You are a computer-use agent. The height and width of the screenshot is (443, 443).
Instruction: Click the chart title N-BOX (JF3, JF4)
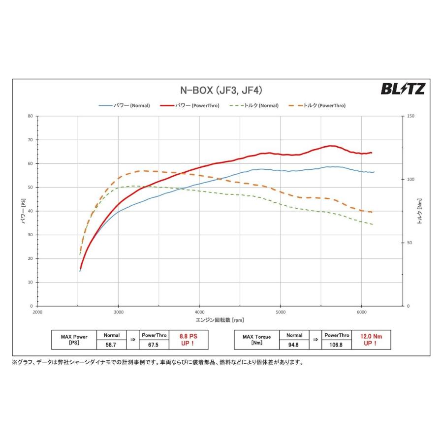click(x=221, y=90)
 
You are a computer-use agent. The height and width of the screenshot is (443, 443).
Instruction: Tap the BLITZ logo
click(x=403, y=89)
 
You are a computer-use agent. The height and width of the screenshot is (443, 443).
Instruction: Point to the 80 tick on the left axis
click(x=30, y=116)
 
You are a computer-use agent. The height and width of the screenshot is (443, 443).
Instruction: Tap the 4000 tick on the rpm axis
click(x=199, y=313)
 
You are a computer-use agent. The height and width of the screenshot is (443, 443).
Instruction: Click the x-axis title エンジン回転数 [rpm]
click(x=220, y=319)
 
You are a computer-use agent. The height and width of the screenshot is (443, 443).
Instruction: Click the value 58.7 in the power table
click(x=112, y=345)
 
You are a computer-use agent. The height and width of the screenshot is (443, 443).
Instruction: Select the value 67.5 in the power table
click(x=154, y=345)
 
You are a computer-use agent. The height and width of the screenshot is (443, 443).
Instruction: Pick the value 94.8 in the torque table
click(x=294, y=345)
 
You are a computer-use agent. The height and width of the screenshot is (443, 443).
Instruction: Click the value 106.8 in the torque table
click(x=337, y=345)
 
